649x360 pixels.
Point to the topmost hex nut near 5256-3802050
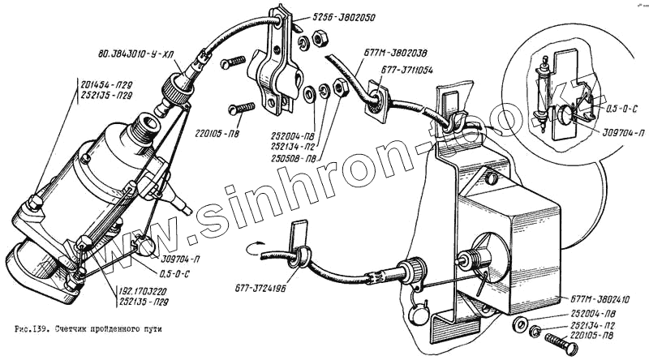click(x=319, y=37)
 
